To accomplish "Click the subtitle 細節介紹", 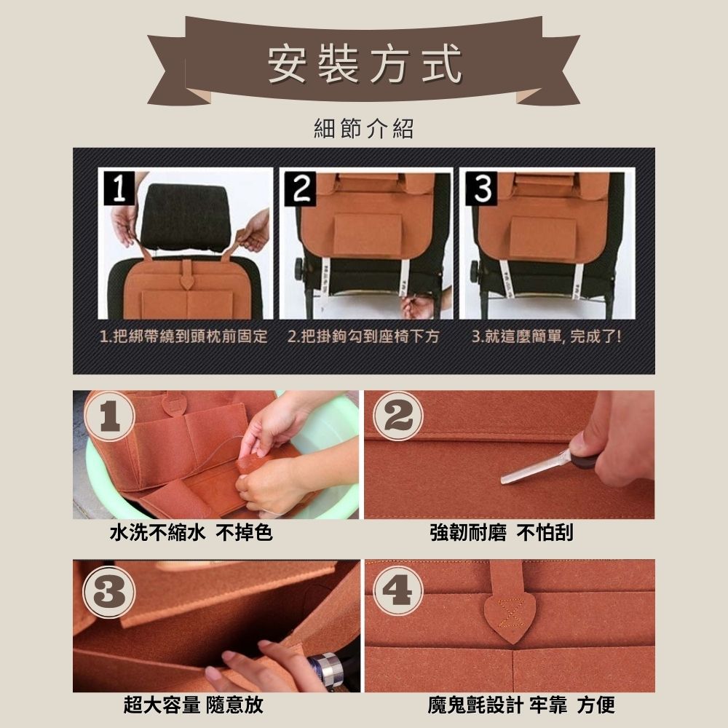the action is coord(363,128).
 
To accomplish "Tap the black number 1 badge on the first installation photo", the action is coord(119,188).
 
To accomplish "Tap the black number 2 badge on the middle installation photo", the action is coord(301,188).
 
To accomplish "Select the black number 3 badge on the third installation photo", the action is coord(481,188).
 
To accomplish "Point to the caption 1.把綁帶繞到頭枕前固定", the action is coord(184,336).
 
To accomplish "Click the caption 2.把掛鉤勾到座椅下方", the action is coord(363,336).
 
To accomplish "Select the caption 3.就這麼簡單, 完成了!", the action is coord(546,336).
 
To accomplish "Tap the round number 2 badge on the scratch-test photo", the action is coord(398,416).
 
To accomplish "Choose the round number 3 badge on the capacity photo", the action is coord(110,593).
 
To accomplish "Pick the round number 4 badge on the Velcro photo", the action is coord(398,590).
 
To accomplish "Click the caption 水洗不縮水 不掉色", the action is coord(191,533).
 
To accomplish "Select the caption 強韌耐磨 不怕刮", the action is coord(502,533).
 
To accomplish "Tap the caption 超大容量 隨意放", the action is coord(194,705).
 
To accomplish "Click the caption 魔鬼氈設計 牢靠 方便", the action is coord(521,705).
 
